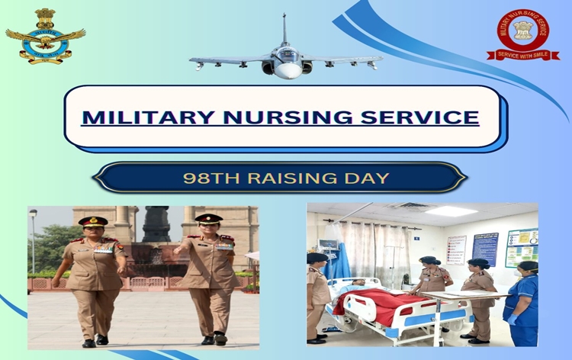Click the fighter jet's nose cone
[x=287, y=70]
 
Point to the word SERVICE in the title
[x=420, y=117]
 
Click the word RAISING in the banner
[x=285, y=178]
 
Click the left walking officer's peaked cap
[x=93, y=222]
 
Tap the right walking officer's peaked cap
[x=207, y=219]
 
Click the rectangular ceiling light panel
[x=451, y=211]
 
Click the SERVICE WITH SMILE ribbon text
[x=523, y=55]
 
